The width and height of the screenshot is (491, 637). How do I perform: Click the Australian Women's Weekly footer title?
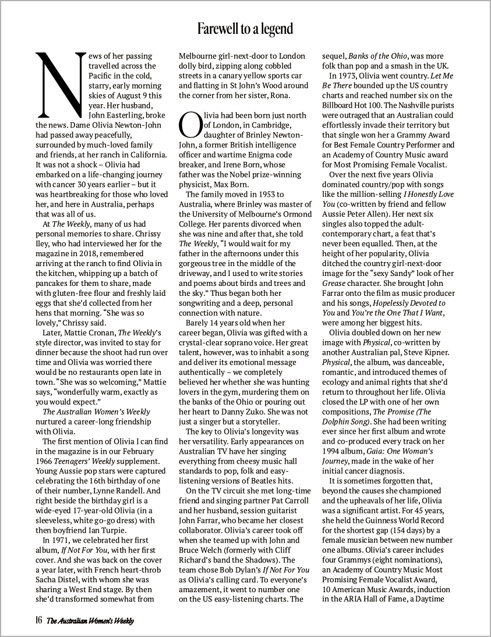(x=90, y=621)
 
